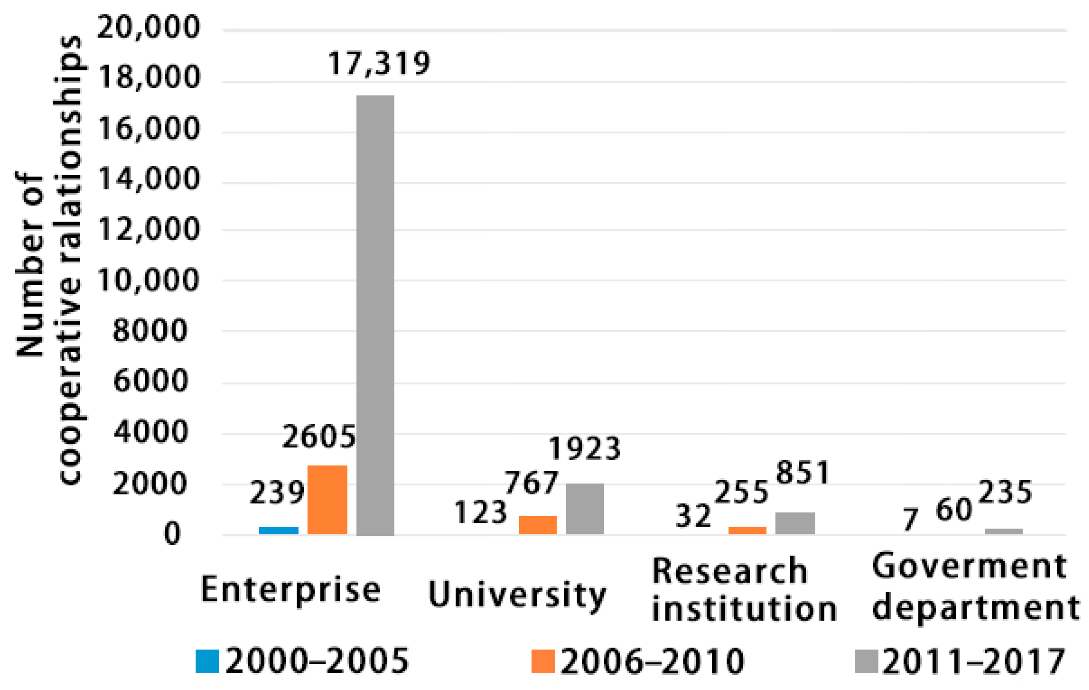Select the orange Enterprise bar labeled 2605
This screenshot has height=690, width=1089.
327,500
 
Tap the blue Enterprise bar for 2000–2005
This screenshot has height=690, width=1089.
279,531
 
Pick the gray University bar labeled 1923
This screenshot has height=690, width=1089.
584,509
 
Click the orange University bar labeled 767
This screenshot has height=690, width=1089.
538,525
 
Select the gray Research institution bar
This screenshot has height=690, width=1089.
795,523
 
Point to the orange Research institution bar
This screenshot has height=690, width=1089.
747,531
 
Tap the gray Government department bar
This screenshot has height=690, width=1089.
1004,531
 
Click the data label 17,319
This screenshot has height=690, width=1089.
379,63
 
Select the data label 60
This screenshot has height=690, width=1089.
954,510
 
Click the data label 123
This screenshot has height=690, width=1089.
480,512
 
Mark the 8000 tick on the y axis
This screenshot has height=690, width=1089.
150,331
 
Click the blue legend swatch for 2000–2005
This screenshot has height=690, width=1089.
207,661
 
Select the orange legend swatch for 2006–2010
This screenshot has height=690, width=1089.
543,661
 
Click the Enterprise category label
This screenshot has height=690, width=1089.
291,590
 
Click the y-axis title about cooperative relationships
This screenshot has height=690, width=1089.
48,260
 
